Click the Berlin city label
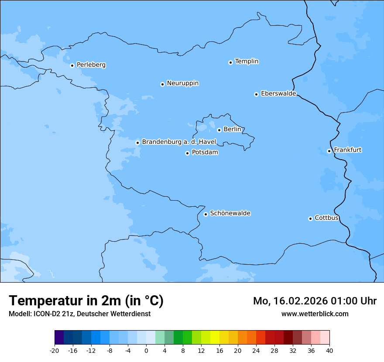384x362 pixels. pos(232,129)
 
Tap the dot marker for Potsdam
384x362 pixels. pos(187,153)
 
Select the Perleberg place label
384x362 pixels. pos(91,65)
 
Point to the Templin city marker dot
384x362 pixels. pos(230,62)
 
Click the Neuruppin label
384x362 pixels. pos(182,83)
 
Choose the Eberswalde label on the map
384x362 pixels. pos(278,94)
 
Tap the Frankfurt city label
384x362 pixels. pos(347,150)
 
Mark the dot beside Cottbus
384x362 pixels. pos(310,219)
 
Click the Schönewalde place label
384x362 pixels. pos(230,213)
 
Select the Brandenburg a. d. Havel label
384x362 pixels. pos(179,142)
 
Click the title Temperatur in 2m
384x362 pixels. pos(86,301)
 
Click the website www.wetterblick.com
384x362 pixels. pos(315,314)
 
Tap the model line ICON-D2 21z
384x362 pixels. pos(79,314)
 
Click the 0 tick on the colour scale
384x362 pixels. pos(146,351)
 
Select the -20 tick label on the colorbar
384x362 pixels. pos(55,351)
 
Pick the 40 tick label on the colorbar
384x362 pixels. pos(329,351)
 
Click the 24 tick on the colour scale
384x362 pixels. pos(256,351)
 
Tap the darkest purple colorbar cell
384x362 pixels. pos(59,338)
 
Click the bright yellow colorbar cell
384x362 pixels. pos(215,338)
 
